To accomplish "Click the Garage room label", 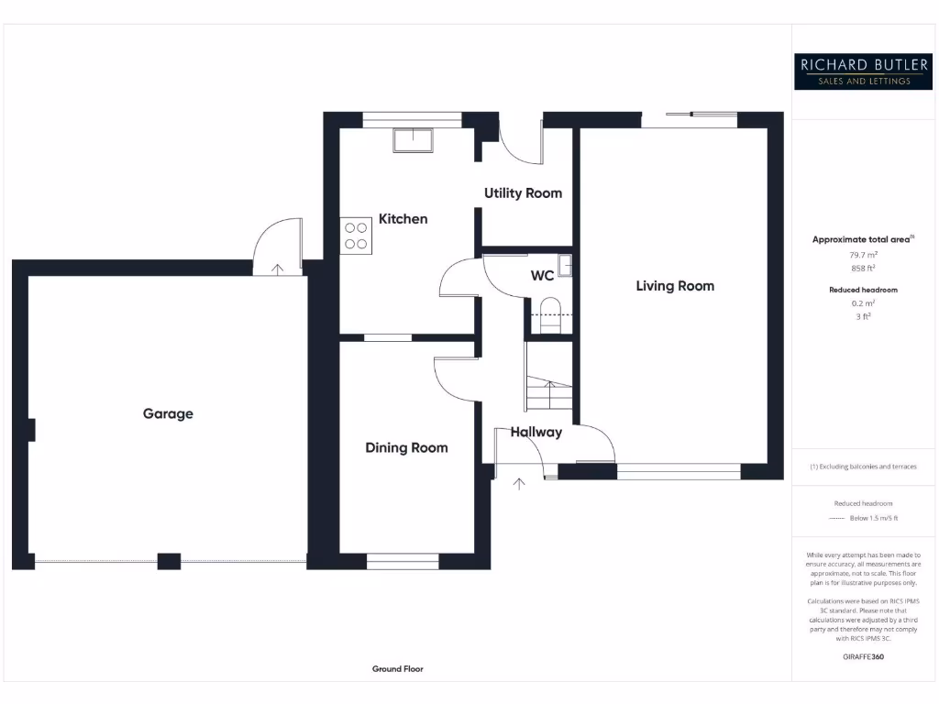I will coord(168,413).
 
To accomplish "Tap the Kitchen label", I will coord(403,219).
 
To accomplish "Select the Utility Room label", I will coord(523,192).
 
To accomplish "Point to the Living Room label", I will coord(675,286).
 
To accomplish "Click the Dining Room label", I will coord(406,447).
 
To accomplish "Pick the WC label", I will coord(542,275).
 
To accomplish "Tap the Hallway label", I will coord(536,432).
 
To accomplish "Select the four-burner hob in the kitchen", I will coord(356,236).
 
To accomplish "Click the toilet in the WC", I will coord(550,308).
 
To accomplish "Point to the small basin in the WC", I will coord(566,265).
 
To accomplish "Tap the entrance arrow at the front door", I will coord(519,484).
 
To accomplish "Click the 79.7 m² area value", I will coord(862,256).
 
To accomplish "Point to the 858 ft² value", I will coord(862,269).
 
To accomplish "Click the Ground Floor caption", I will coord(397,669).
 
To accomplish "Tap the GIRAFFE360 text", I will coord(862,656).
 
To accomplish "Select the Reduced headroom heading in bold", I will coord(862,290).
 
